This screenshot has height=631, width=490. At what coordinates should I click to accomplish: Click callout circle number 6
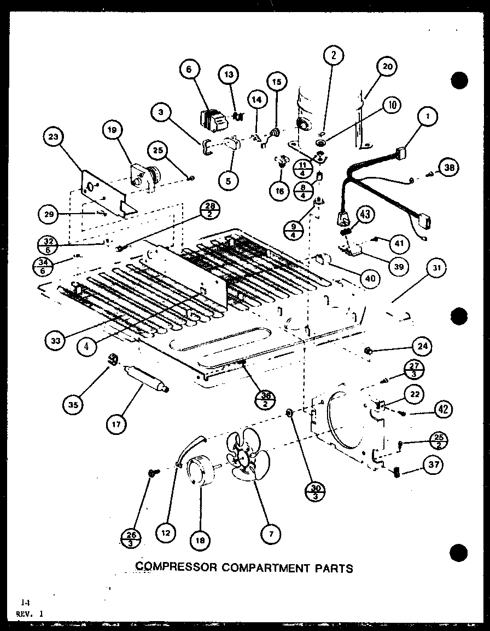189,70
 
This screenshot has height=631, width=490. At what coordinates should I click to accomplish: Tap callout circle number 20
387,67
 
